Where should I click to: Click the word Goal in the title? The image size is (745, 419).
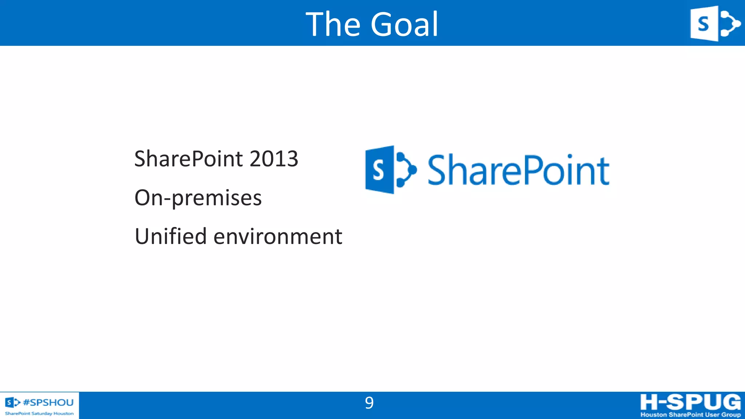[404, 24]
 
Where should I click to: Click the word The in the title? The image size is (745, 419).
[333, 24]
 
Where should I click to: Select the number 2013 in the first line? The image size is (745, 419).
[274, 159]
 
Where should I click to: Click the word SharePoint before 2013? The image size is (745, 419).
[188, 159]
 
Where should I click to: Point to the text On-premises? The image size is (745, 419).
[198, 198]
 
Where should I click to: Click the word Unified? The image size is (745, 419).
[171, 236]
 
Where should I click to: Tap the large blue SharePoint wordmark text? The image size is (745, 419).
[518, 170]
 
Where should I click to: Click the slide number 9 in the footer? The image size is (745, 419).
[369, 403]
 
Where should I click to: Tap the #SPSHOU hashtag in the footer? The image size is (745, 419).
[48, 402]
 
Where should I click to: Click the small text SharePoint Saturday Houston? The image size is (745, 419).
[39, 414]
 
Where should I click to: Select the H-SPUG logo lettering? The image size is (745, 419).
[690, 402]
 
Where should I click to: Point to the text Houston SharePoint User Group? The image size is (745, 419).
[690, 415]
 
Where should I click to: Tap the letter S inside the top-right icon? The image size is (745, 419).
[703, 24]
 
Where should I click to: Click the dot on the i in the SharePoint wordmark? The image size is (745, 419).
[570, 156]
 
